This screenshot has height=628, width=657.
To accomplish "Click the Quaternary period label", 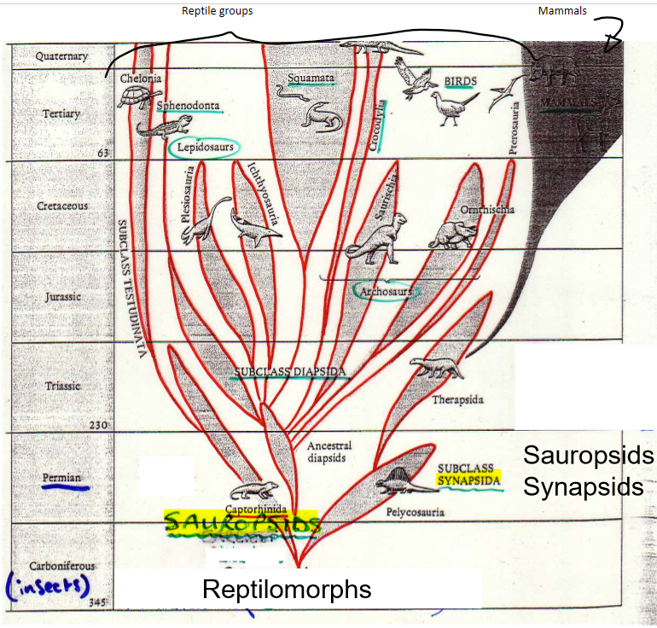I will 61,56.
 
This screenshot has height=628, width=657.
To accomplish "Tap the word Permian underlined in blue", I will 61,477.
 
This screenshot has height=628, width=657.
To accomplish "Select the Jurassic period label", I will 62,297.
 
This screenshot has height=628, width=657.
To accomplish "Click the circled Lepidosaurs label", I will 205,148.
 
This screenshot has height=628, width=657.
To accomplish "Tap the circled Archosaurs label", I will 386,292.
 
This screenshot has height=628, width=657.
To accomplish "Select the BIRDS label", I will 460,81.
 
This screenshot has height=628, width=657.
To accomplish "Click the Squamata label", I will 309,78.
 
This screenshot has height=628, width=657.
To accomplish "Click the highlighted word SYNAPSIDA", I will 468,480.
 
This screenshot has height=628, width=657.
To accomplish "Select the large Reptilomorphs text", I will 286,589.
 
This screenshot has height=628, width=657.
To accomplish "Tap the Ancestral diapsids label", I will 329,451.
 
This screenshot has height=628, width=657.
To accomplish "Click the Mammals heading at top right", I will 563,11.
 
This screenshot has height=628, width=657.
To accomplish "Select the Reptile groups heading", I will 217,11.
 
